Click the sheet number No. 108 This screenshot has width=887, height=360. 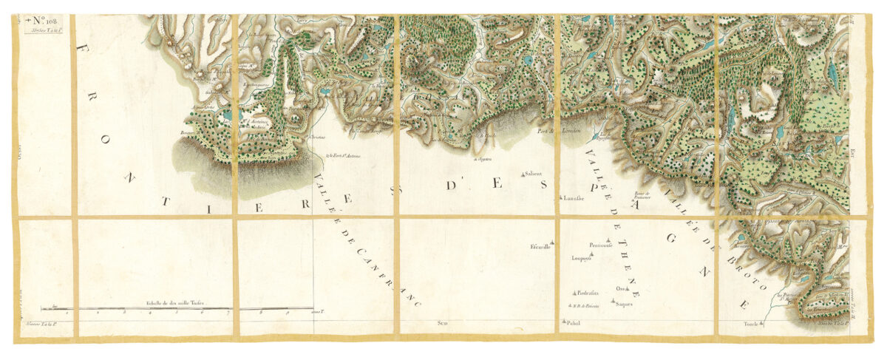(47, 21)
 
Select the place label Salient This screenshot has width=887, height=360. (534, 174)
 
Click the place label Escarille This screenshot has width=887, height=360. (539, 246)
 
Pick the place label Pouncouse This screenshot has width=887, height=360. (601, 245)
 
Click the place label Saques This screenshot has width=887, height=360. (624, 305)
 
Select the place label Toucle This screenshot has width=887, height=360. (750, 323)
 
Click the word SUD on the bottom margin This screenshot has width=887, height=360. (443, 323)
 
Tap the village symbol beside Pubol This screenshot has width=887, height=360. (563, 321)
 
